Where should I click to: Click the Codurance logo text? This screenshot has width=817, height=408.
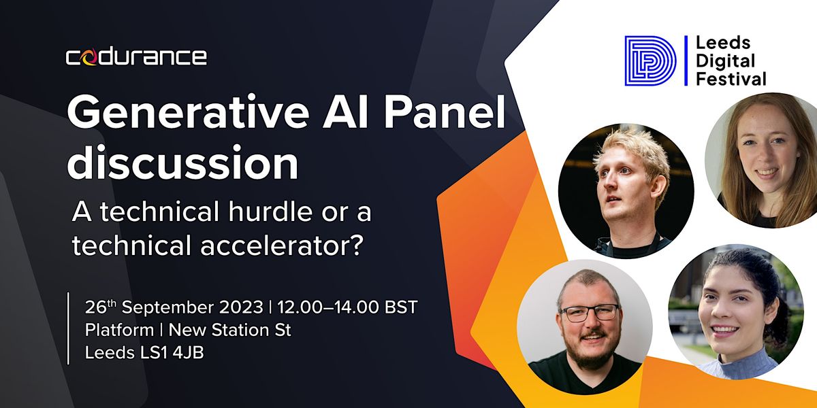pos(136,57)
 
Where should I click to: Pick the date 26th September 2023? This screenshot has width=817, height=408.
pos(174,307)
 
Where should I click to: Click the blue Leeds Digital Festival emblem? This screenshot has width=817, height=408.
pos(650,61)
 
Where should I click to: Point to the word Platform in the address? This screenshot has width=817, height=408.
pos(119,330)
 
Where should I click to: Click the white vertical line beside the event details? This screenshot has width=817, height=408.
pos(69,328)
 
